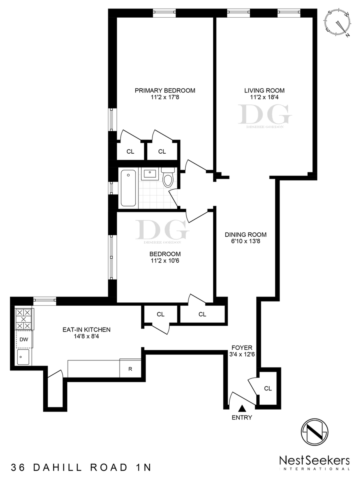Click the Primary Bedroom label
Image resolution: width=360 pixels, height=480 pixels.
165,90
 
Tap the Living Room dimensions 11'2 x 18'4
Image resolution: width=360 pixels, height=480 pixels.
264,98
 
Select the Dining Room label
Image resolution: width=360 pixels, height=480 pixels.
246,235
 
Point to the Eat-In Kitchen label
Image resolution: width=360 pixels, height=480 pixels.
86,330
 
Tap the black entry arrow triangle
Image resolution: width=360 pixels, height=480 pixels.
242,408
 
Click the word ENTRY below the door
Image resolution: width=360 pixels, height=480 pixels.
242,418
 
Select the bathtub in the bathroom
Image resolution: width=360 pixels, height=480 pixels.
128,188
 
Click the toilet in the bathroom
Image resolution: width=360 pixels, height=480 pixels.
168,177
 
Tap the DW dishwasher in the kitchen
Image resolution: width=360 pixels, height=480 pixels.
24,339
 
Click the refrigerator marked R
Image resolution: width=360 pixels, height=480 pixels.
130,368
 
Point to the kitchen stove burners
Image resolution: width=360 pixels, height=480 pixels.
24,319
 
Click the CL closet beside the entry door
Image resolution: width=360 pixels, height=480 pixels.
268,388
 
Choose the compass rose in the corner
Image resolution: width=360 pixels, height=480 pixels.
339,23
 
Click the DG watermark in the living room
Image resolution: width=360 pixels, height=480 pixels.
264,115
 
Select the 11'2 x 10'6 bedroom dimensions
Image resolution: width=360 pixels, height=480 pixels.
165,261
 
